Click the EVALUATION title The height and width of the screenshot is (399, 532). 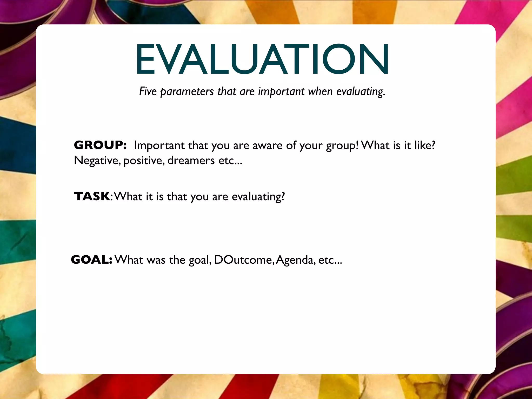[x=262, y=59]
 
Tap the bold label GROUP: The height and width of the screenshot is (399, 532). [x=100, y=145]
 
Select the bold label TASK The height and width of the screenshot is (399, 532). [x=92, y=196]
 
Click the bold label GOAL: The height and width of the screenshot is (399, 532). [x=92, y=260]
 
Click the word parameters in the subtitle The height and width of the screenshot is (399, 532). [x=187, y=92]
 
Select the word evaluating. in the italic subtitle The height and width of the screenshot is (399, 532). [x=361, y=92]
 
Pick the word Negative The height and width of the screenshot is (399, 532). [x=97, y=161]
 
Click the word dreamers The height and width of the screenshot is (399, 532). [x=191, y=161]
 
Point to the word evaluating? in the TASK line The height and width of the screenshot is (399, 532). [x=258, y=197]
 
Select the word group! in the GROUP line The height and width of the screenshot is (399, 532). [x=342, y=146]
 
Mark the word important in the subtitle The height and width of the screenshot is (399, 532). [x=281, y=92]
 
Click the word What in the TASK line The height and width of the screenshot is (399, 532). [x=128, y=196]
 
